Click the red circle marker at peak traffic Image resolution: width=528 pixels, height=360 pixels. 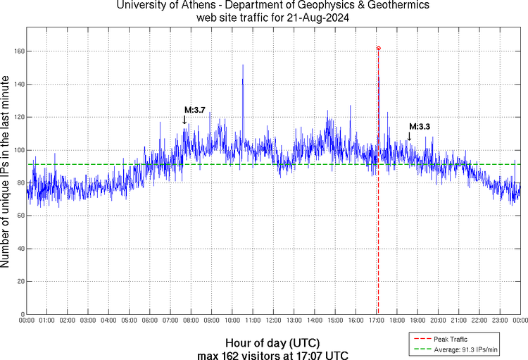[378, 48]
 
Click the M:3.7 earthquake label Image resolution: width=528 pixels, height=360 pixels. [194, 110]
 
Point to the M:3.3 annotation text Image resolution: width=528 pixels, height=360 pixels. [420, 126]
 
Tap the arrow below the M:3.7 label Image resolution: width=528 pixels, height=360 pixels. [184, 120]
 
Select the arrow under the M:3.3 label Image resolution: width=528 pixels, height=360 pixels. [410, 135]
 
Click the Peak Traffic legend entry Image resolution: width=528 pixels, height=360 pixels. [450, 339]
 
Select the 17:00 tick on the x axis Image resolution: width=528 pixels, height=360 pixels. [375, 321]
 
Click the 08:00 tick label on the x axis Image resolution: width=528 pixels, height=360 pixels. [190, 321]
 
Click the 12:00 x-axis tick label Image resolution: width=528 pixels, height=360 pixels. [272, 321]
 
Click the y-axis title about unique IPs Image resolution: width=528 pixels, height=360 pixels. [6, 173]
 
